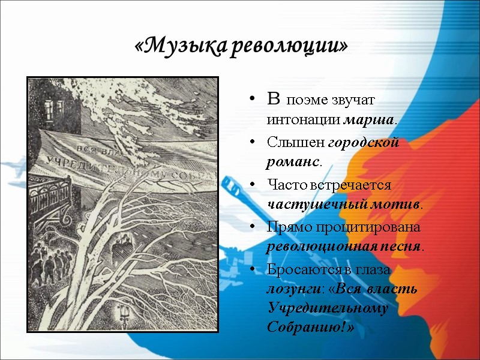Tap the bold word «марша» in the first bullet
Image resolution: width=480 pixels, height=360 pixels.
click(368, 119)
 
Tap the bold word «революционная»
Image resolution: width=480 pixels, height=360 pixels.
click(317, 247)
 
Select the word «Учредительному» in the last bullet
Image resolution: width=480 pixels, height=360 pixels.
click(328, 308)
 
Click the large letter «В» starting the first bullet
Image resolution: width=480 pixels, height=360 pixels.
click(274, 99)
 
